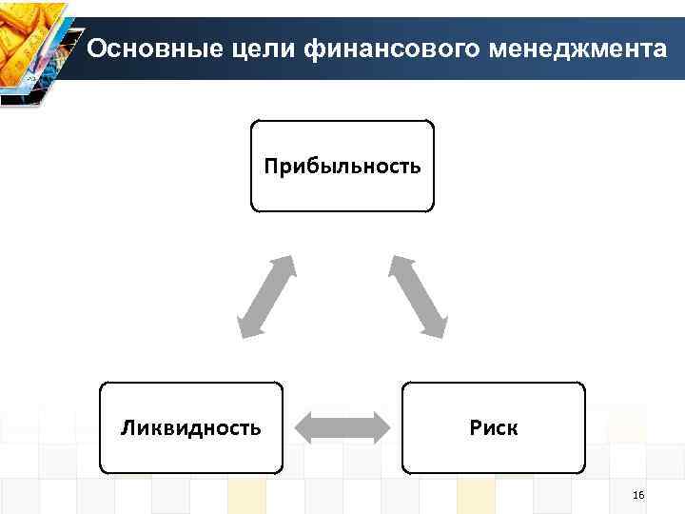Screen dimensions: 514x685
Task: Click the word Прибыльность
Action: tap(342, 168)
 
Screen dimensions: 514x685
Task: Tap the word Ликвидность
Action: tap(190, 427)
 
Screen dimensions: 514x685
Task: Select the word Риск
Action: tap(494, 427)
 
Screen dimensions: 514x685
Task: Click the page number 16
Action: tap(637, 496)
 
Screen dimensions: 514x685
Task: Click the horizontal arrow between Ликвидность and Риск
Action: tap(342, 427)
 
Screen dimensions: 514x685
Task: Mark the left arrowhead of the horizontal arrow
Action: tap(306, 427)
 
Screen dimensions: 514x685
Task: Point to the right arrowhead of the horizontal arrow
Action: tap(379, 427)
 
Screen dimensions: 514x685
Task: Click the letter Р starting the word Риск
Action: tap(475, 427)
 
